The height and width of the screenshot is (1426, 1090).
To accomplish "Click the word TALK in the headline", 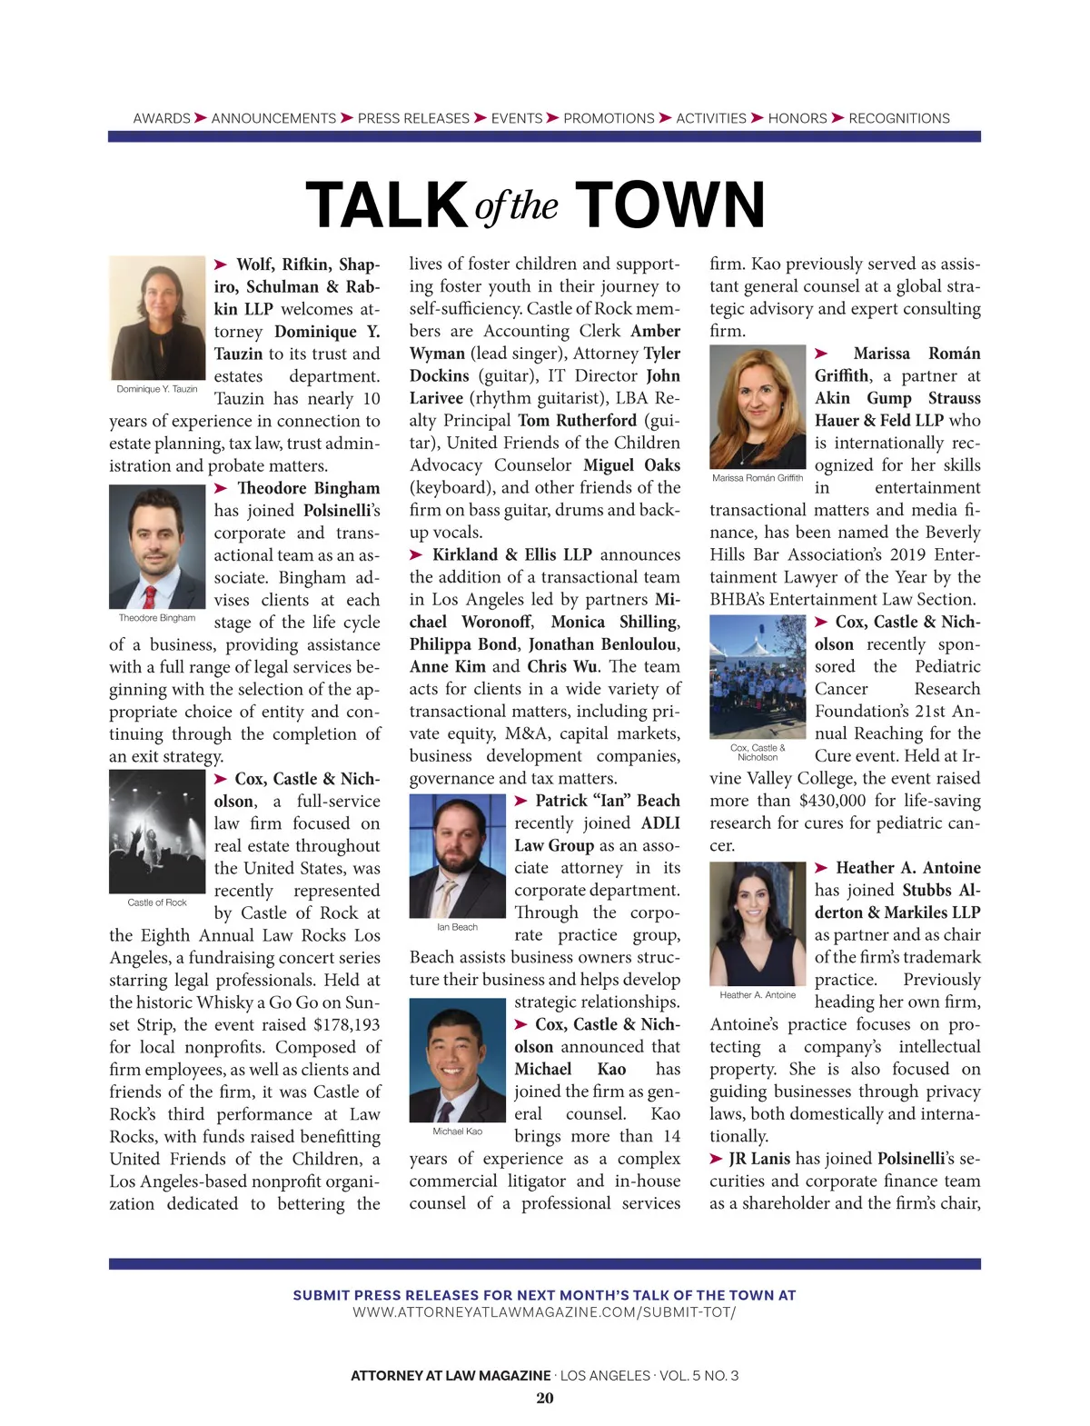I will pos(386,204).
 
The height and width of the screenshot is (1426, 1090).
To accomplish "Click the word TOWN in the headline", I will pos(670,204).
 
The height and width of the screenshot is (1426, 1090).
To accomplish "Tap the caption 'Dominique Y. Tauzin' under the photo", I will pos(157,389).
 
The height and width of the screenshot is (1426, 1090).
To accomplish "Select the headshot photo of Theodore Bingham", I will pos(157,547).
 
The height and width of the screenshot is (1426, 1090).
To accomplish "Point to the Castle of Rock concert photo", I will pos(157,832).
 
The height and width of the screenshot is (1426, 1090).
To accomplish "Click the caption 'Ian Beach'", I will pos(457,927).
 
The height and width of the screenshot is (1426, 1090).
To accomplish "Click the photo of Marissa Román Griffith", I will pos(758,407).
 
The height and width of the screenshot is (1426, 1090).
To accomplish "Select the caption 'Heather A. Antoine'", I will pos(758,994).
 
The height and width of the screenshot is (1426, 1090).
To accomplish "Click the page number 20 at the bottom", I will pos(545,1398).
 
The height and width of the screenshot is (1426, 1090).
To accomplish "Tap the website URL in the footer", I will pos(545,1312).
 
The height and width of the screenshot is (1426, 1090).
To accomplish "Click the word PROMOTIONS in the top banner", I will pos(609,118).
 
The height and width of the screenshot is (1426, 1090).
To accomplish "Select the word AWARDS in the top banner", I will pos(162,118).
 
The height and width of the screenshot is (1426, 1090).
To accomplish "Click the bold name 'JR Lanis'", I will pos(759,1159).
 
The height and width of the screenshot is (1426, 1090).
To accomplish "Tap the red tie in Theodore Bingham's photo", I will pos(150,596).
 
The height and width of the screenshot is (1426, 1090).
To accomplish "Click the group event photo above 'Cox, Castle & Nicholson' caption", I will pos(758,677).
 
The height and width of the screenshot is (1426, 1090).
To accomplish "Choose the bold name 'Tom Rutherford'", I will pos(578,421).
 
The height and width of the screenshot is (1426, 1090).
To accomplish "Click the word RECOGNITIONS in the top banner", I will pos(899,118).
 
